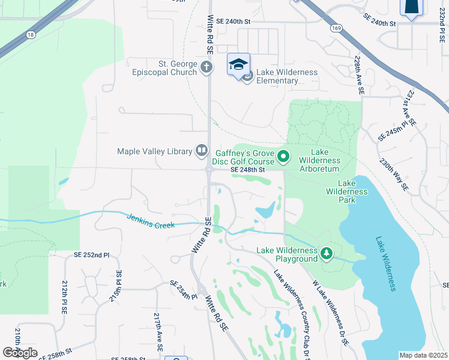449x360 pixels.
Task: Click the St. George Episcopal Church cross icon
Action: pos(206,67)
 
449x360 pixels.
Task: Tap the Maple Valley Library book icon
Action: pos(202,151)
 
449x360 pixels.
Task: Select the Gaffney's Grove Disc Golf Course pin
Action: pos(284,157)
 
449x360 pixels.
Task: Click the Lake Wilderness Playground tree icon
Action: pos(326,254)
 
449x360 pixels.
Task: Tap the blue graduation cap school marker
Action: pos(238,64)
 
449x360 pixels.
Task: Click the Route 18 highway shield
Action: pos(29,35)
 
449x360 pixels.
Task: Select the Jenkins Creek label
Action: pos(150,221)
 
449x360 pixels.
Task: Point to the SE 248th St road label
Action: pos(248,170)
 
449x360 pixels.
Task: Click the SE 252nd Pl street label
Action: pos(92,254)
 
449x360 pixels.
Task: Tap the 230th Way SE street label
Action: pos(394,175)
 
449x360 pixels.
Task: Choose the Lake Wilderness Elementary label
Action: pos(287,77)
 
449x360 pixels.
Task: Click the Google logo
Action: pos(20,353)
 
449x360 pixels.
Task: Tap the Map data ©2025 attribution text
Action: pos(423,355)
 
